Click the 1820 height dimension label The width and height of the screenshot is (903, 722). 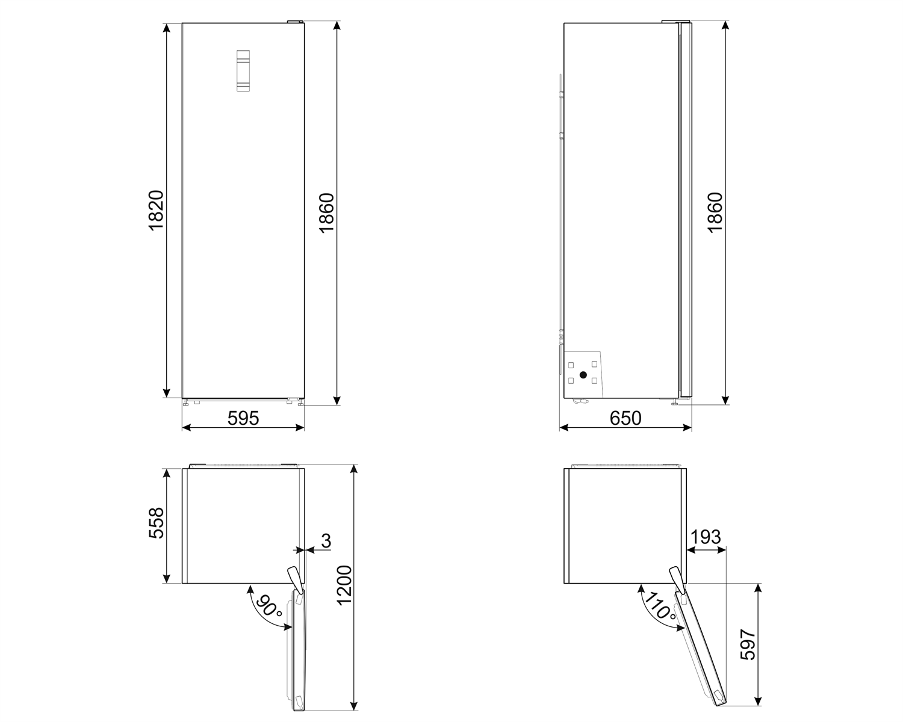pos(155,211)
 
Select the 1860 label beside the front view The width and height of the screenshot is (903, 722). pos(326,214)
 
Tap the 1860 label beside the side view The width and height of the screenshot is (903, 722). pos(715,214)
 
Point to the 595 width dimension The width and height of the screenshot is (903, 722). pos(243,418)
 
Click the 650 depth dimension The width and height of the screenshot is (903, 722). pos(625,418)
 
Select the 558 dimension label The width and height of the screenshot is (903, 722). pos(155,524)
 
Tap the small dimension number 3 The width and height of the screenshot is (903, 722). pos(326,540)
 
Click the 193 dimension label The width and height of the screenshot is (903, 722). pos(706,537)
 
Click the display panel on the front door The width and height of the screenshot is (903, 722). pos(243,70)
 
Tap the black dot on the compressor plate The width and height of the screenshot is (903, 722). pos(583,375)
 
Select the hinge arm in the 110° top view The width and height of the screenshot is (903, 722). pos(677,579)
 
